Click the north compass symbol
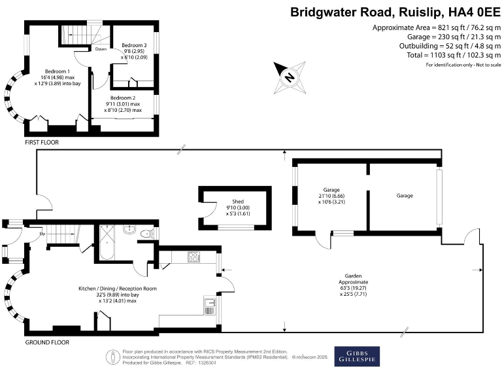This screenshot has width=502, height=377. [288, 75]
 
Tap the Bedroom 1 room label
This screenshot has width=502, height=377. [57, 77]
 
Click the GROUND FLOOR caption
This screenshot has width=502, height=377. [47, 342]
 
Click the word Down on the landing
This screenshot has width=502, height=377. [101, 49]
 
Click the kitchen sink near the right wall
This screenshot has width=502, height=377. [210, 302]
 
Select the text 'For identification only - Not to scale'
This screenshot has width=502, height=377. [463, 65]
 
